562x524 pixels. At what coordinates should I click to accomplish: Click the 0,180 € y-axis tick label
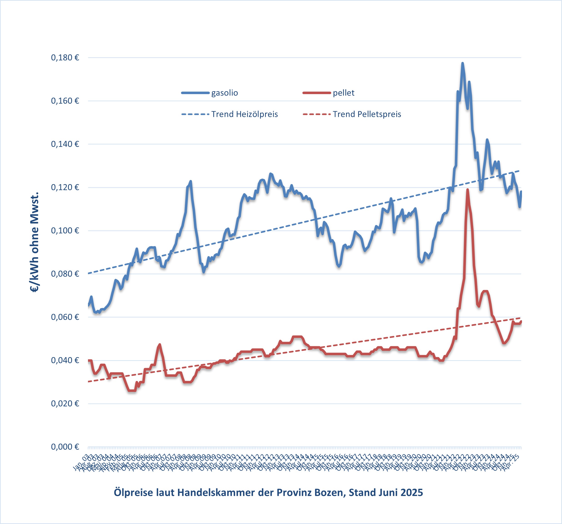tap(65, 58)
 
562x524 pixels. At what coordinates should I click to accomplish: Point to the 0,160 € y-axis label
tap(65, 101)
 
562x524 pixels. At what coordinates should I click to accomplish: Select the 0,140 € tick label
tap(65, 144)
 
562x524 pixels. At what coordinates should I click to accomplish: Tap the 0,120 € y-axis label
tap(65, 187)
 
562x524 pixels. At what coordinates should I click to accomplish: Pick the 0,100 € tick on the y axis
tap(65, 231)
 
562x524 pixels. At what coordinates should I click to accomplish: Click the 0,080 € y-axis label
tap(65, 274)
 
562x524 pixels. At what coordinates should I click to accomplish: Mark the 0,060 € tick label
tap(65, 317)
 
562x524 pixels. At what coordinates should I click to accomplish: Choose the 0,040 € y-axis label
tap(65, 360)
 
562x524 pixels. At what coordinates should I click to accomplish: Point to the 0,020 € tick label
tap(65, 404)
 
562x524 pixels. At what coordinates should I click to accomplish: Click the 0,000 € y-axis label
tap(65, 447)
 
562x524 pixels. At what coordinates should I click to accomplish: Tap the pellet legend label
tap(344, 93)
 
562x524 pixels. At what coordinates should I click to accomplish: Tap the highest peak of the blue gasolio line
tap(462, 63)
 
